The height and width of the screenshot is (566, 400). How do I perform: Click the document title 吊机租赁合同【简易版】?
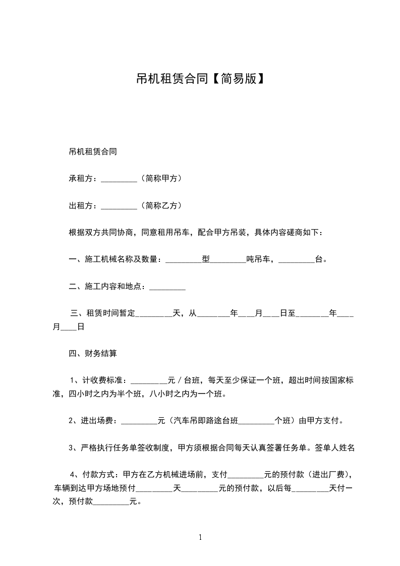pos(200,79)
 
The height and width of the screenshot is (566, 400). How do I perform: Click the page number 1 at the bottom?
pos(200,537)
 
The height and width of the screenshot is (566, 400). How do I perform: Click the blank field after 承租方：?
pos(119,179)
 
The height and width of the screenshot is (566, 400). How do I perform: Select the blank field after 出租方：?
pos(119,206)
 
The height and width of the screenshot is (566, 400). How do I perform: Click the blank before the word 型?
pos(183,261)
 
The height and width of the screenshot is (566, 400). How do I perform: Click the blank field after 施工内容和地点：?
pos(168,288)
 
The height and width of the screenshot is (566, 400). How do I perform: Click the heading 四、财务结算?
pos(93,354)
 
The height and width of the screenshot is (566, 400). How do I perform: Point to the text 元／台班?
pos(184,380)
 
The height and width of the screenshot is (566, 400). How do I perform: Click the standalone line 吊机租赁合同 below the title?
pos(93,151)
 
